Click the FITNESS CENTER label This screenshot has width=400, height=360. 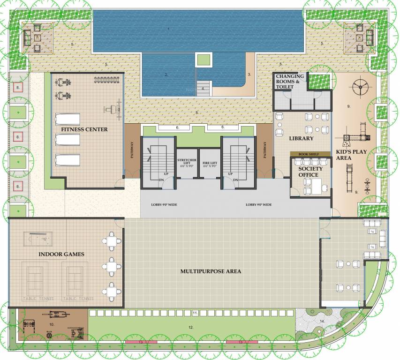point(84,129)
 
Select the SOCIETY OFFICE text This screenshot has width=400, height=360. point(309,172)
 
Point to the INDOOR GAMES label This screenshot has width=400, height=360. point(62,254)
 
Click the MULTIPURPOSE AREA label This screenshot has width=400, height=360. point(211,271)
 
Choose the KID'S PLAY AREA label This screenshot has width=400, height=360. point(350,155)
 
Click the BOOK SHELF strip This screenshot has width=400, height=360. point(307,154)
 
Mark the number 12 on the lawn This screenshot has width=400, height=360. point(190,327)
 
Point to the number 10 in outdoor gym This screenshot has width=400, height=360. point(52,323)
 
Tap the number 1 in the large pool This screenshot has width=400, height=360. point(168,29)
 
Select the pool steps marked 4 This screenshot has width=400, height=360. point(204,89)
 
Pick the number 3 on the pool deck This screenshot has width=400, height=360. point(249,74)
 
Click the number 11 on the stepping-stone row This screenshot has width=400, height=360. point(194,312)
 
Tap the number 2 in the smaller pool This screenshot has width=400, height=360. point(166,74)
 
